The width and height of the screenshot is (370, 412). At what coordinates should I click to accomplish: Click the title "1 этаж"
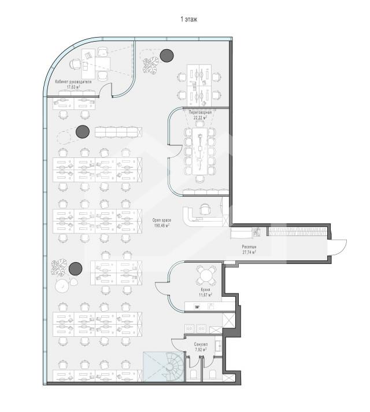(x=189, y=19)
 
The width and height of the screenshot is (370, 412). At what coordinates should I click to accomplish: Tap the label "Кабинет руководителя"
(x=73, y=82)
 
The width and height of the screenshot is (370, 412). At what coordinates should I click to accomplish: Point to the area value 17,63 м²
(x=73, y=87)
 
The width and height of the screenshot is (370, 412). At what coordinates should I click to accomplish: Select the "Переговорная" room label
(x=200, y=112)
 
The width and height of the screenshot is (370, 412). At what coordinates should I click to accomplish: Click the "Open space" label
(x=162, y=220)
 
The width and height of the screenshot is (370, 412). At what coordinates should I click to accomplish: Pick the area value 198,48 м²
(x=162, y=225)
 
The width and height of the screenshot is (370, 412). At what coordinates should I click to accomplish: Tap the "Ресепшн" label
(x=249, y=247)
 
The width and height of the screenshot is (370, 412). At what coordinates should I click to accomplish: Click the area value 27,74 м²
(x=249, y=252)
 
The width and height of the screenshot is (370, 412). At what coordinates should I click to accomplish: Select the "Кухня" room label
(x=206, y=289)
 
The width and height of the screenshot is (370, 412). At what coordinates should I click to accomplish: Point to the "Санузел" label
(x=201, y=344)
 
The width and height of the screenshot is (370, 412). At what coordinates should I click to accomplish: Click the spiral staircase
(x=172, y=367)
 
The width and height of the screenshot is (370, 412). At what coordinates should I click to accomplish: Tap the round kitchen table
(x=206, y=275)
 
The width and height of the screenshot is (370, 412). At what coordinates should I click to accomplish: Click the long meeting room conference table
(x=200, y=151)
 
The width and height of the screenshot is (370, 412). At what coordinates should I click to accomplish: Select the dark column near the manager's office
(x=83, y=131)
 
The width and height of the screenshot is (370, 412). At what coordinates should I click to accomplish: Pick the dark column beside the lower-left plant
(x=76, y=269)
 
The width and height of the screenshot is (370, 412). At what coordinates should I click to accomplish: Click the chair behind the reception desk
(x=205, y=209)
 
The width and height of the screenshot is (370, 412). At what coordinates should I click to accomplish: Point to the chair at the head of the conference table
(x=200, y=179)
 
